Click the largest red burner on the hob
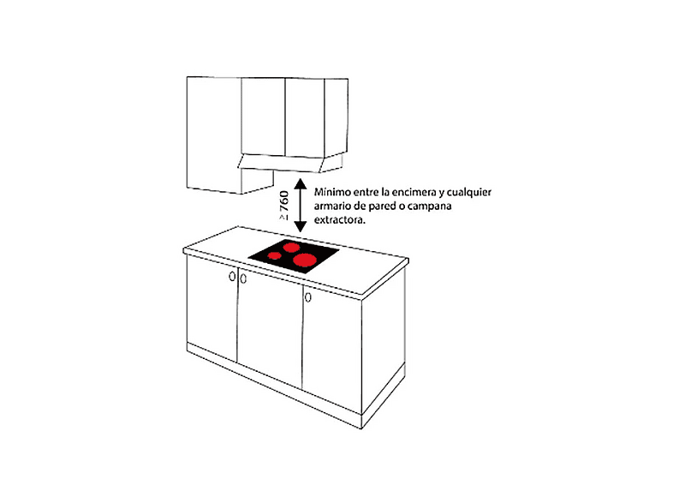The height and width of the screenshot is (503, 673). [x=304, y=260]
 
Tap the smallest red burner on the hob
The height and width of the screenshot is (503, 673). [x=274, y=255]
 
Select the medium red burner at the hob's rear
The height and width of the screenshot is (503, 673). [x=290, y=247]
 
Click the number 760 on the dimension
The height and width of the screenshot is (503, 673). [x=283, y=201]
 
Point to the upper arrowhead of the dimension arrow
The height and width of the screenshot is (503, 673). [x=300, y=184]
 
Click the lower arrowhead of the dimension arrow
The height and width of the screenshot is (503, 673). [x=300, y=227]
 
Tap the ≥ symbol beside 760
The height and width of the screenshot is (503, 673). [x=283, y=218]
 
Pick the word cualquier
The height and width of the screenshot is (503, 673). [x=468, y=192]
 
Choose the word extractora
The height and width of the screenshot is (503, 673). [x=340, y=220]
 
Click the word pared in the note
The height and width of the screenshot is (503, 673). [x=382, y=207]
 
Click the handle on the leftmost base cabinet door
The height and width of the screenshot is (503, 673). [x=232, y=276]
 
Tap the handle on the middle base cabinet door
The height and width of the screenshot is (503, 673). [x=243, y=278]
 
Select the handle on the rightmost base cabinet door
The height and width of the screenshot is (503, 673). [x=307, y=296]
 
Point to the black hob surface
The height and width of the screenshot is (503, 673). [x=294, y=256]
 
